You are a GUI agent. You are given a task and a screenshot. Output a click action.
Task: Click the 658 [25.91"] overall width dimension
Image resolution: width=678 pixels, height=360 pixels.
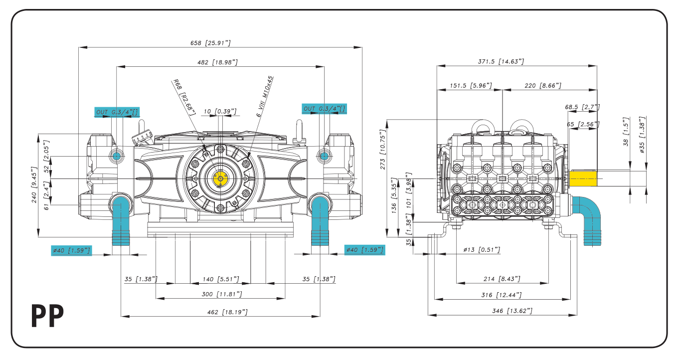coord(210,43)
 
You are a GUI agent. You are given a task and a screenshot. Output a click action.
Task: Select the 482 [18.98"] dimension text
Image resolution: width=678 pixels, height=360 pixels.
coord(217,62)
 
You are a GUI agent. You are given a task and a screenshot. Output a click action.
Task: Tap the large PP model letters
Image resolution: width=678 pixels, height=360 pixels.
coord(48,316)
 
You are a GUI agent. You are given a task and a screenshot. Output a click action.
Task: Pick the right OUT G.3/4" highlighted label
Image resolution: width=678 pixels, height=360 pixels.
coord(324,109)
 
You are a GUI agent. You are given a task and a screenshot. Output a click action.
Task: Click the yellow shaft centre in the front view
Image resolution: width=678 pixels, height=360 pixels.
coord(220,179)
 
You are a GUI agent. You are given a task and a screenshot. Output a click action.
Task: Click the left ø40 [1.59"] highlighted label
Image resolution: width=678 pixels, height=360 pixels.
coord(71,250)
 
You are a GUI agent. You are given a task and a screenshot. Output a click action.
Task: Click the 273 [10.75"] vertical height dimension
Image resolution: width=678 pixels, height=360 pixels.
coord(383,150)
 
